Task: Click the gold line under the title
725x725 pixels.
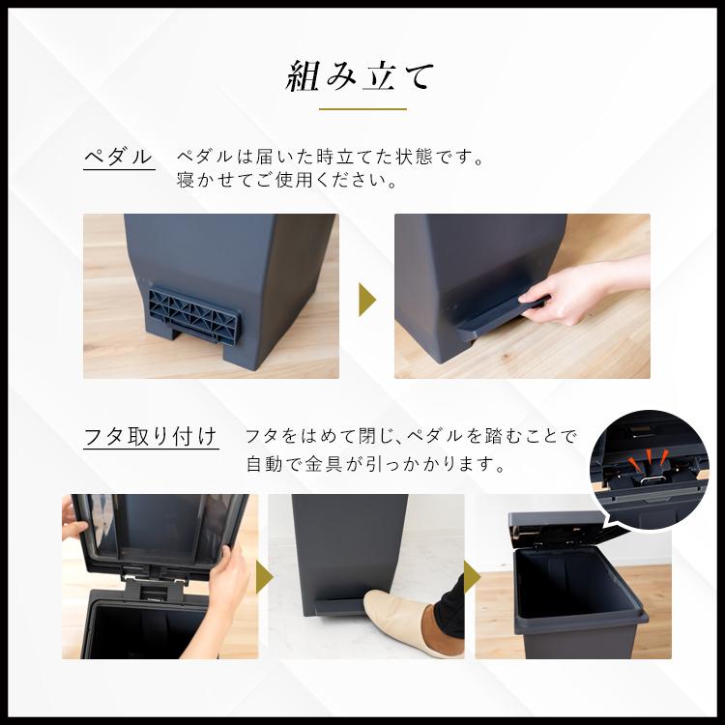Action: [362, 108]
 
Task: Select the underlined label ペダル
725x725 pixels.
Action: [119, 156]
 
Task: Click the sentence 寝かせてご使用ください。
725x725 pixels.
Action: [287, 180]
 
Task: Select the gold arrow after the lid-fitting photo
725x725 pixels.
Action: [263, 577]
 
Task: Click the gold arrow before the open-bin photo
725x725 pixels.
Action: [472, 577]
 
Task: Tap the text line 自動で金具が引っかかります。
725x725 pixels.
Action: [377, 465]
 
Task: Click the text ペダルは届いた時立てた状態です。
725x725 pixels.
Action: [329, 155]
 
